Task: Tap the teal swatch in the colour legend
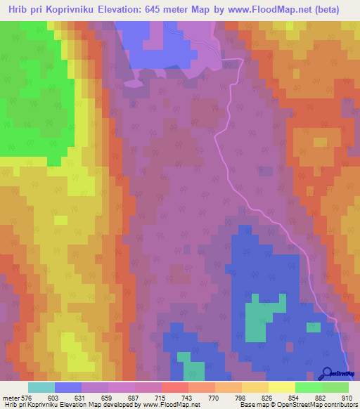41,387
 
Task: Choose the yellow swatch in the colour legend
282,387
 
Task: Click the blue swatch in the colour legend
68,387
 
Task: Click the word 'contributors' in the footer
339,404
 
